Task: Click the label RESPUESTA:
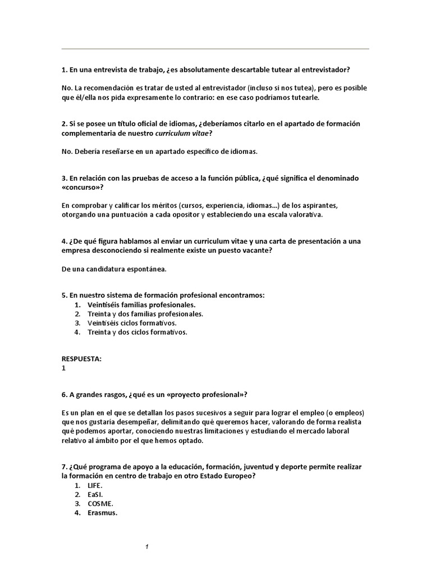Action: [82, 359]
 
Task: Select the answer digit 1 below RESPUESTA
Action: [64, 368]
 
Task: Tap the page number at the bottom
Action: [146, 547]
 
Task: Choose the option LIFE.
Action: [96, 485]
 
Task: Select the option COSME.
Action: [101, 503]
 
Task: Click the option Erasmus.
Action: [102, 512]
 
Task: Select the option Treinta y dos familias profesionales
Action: [145, 314]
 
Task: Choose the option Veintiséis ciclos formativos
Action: [132, 323]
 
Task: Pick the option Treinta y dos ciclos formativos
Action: [137, 332]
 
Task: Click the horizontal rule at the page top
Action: [215, 49]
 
